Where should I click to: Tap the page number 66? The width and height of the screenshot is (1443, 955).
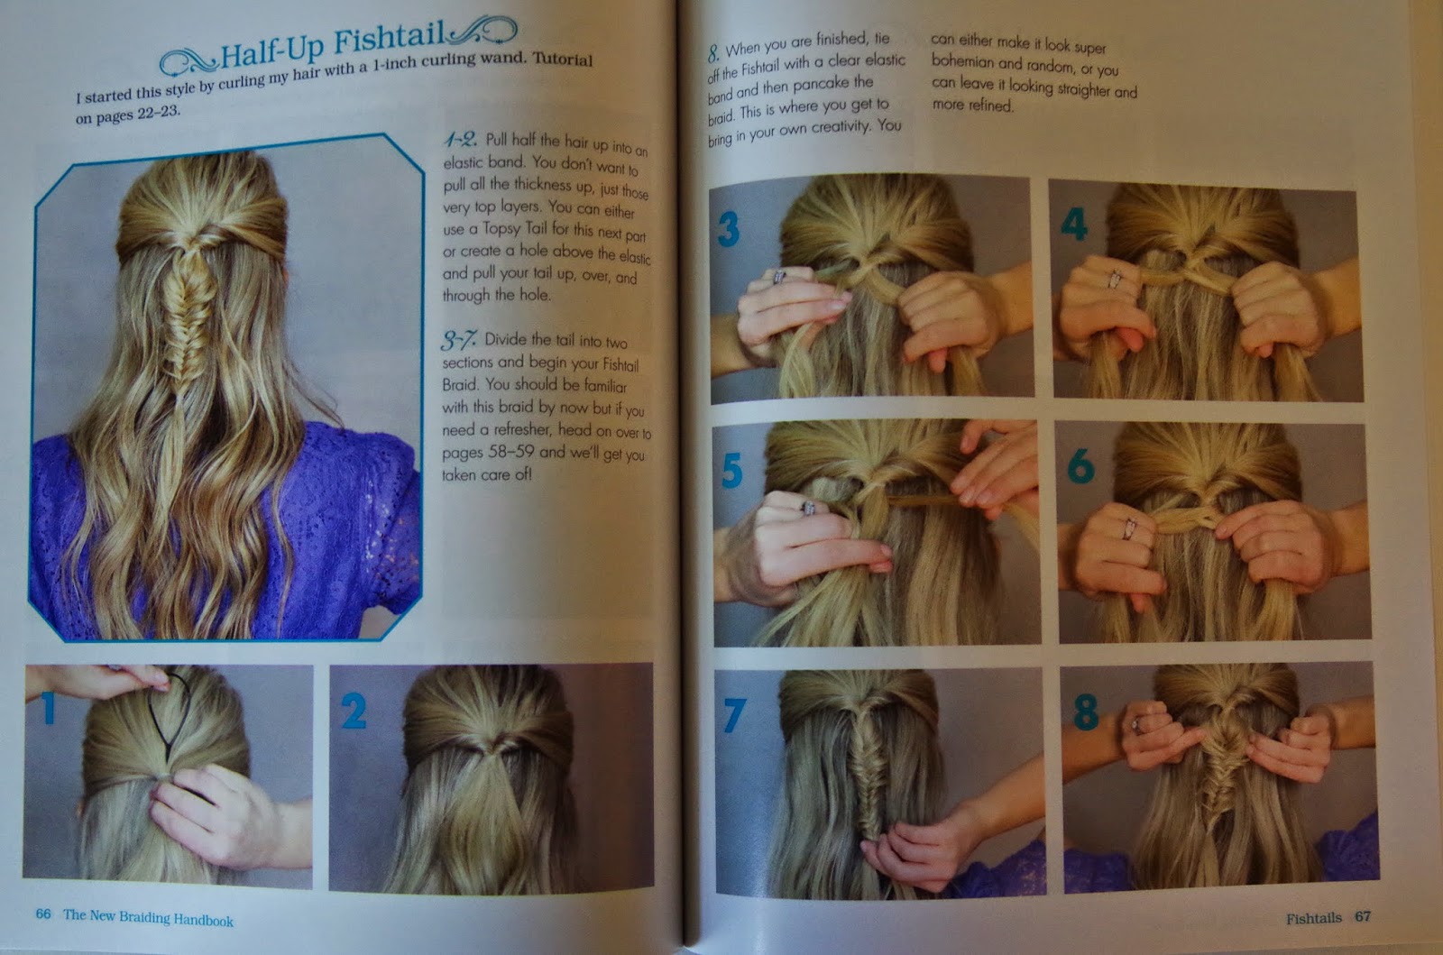(x=43, y=914)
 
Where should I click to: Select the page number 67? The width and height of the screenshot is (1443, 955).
(x=1362, y=917)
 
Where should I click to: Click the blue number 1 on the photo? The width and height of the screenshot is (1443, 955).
(x=47, y=705)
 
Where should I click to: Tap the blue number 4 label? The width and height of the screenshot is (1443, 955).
(x=1073, y=224)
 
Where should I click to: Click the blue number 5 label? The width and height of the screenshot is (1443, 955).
(x=731, y=471)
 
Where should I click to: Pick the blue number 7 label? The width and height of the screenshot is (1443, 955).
(x=733, y=714)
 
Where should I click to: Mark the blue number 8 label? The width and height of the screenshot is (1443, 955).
(x=1085, y=712)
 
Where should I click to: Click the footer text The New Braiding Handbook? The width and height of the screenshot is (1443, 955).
(x=148, y=918)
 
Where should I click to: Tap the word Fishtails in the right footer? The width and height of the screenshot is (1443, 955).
(x=1313, y=918)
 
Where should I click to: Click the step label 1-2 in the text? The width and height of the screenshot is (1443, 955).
(x=460, y=140)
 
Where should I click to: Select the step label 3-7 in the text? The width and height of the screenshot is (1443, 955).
(x=458, y=340)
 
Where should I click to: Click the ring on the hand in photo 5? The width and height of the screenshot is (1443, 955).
(x=808, y=510)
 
